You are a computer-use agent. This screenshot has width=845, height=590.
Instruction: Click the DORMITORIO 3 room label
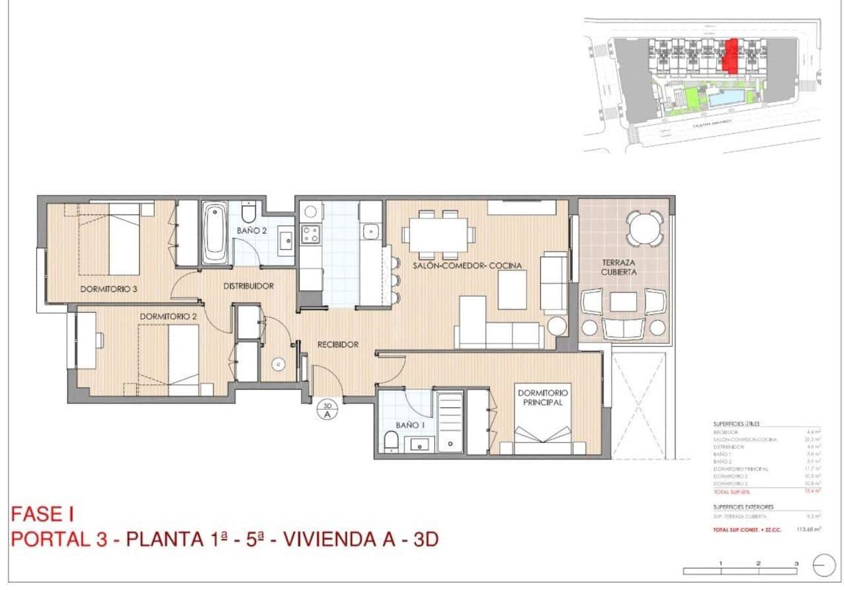point(109,288)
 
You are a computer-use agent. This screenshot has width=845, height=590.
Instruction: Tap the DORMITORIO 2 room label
point(168,316)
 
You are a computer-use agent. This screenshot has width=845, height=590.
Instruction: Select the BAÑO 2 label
point(252,231)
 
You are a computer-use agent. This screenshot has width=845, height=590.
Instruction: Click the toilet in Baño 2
point(249,212)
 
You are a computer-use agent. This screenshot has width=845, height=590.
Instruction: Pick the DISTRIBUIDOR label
point(248,286)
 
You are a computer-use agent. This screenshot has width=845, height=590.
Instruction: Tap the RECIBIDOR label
point(337,344)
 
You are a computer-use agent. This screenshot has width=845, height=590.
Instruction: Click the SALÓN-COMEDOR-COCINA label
point(467,265)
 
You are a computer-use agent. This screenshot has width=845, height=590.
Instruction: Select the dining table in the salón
point(437,234)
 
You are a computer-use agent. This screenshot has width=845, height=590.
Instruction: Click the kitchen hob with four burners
point(310,233)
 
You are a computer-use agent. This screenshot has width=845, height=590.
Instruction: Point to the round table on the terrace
point(644,228)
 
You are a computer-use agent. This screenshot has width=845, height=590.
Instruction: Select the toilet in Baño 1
point(391,442)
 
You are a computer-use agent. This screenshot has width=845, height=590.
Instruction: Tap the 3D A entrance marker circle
point(327,410)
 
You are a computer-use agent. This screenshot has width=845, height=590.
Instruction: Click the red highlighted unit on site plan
point(729,55)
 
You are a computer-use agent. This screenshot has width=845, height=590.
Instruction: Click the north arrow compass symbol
point(825,566)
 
